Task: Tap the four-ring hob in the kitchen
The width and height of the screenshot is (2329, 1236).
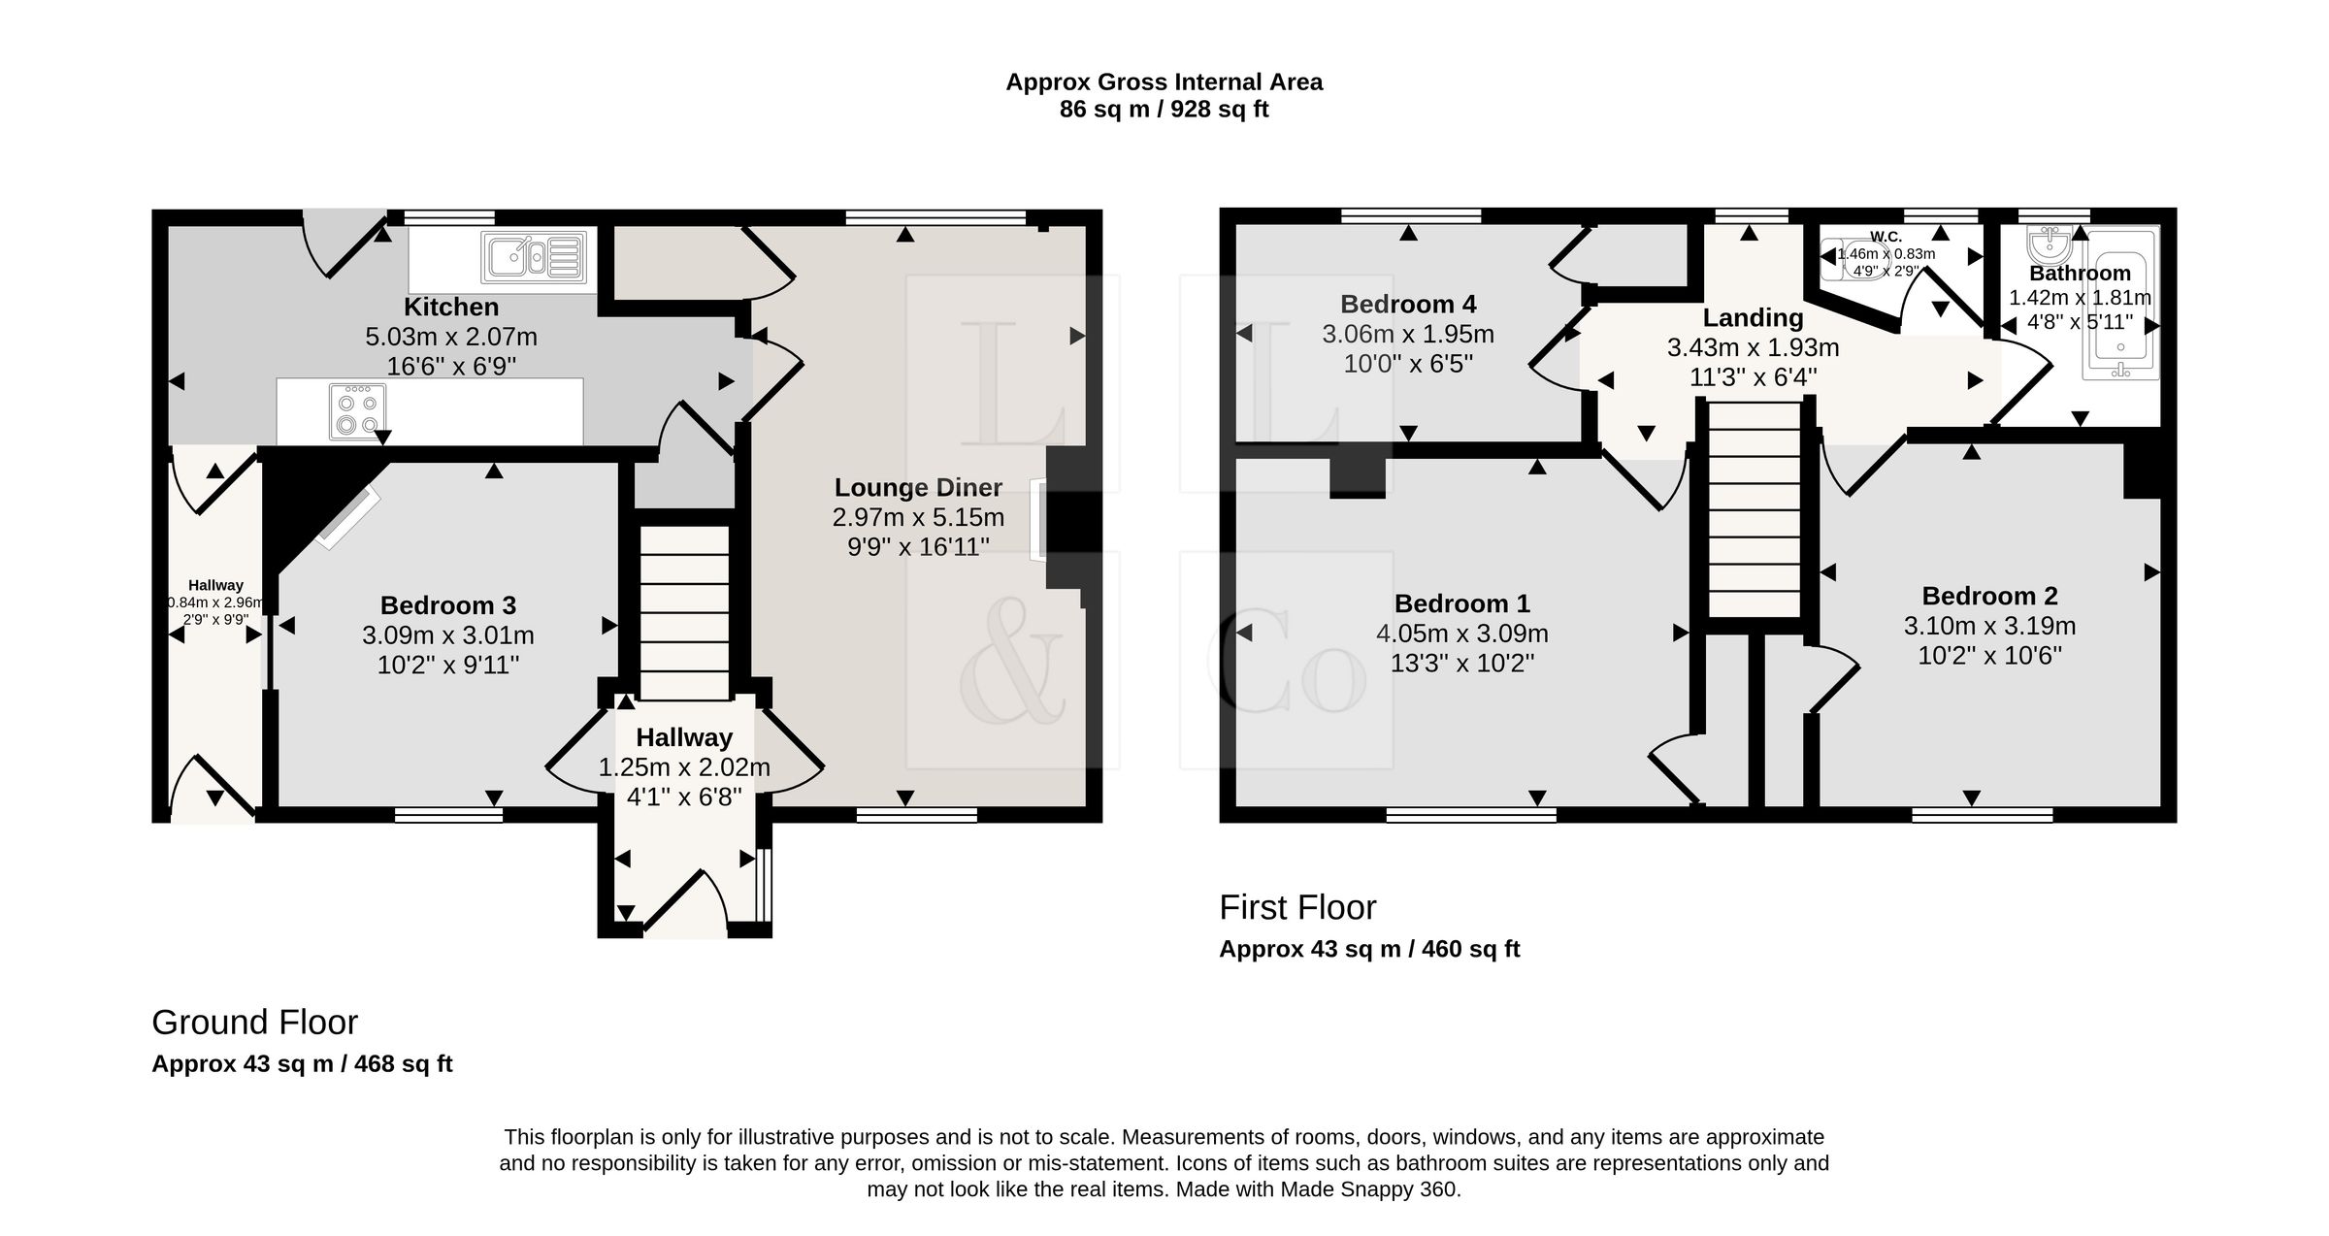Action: click(357, 411)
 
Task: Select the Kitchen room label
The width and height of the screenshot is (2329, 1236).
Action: click(451, 307)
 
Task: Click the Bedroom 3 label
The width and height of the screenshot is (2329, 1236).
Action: click(448, 605)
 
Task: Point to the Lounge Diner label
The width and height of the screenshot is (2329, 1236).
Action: click(918, 487)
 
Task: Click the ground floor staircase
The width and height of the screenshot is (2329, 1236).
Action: click(684, 612)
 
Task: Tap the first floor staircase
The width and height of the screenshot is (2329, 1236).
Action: click(1754, 510)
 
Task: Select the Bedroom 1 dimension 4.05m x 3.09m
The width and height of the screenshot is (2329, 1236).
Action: click(1462, 634)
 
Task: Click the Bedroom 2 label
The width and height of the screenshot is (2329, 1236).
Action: click(1990, 596)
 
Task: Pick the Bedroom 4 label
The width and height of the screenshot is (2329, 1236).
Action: click(1408, 305)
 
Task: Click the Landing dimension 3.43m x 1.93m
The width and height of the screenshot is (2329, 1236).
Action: click(1754, 347)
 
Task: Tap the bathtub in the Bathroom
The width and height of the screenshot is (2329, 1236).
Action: click(2120, 303)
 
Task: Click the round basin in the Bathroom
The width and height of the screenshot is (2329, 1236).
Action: click(2050, 245)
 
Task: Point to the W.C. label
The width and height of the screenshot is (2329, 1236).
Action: click(1886, 237)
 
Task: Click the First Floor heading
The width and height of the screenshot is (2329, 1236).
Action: click(1297, 908)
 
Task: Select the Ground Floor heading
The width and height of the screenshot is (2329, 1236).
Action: click(255, 1023)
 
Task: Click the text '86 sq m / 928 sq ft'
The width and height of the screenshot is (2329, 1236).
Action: click(1164, 110)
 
